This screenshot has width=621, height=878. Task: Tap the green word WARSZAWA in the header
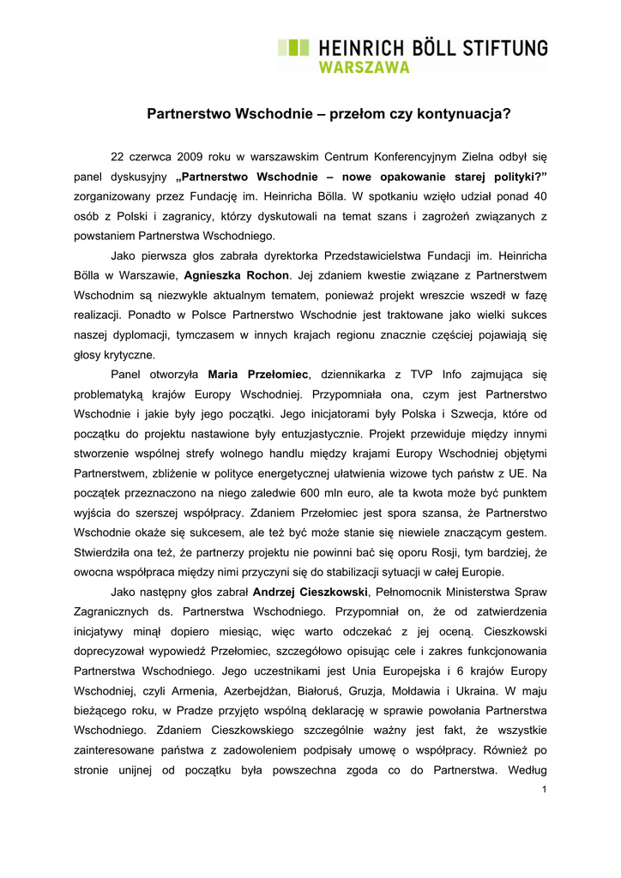click(364, 68)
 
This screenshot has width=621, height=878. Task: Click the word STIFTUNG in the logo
click(499, 48)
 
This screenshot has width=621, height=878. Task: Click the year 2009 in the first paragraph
click(190, 158)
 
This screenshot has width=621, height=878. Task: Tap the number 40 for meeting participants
click(539, 196)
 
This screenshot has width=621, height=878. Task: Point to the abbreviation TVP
click(414, 374)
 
